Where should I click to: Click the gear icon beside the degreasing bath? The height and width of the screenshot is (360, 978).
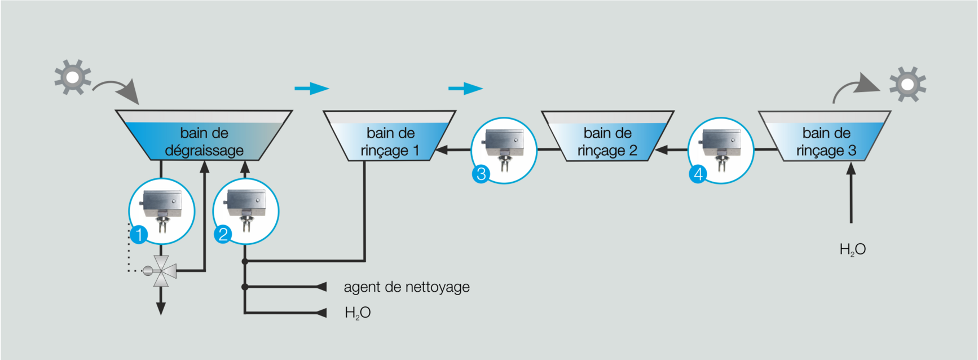[x=73, y=77]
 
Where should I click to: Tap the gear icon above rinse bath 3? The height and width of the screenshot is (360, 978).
[x=907, y=85]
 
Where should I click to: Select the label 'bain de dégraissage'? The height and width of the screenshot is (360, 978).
[x=204, y=142]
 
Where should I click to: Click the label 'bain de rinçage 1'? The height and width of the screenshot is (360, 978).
[x=390, y=142]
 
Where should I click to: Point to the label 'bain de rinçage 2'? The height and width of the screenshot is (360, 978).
[x=607, y=142]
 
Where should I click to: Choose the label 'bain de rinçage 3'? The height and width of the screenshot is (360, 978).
[x=826, y=142]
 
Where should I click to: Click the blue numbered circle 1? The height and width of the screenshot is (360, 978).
[x=139, y=234]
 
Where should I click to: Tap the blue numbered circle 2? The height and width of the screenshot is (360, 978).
[x=223, y=234]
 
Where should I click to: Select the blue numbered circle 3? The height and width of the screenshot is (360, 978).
[x=481, y=174]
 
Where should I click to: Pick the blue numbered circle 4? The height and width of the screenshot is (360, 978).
[x=698, y=174]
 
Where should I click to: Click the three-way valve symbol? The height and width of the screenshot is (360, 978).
[x=161, y=271]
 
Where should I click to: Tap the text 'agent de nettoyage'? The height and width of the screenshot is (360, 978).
[x=407, y=287]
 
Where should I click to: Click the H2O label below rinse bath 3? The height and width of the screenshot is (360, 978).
[x=852, y=249]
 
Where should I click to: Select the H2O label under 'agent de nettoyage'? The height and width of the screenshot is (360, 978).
[x=358, y=313]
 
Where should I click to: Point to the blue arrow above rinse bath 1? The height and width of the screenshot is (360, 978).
[x=312, y=89]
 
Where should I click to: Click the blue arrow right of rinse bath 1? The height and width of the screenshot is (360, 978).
[x=466, y=89]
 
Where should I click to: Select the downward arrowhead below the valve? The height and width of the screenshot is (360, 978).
[x=161, y=309]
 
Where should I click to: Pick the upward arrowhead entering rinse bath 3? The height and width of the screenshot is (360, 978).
[x=851, y=168]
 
